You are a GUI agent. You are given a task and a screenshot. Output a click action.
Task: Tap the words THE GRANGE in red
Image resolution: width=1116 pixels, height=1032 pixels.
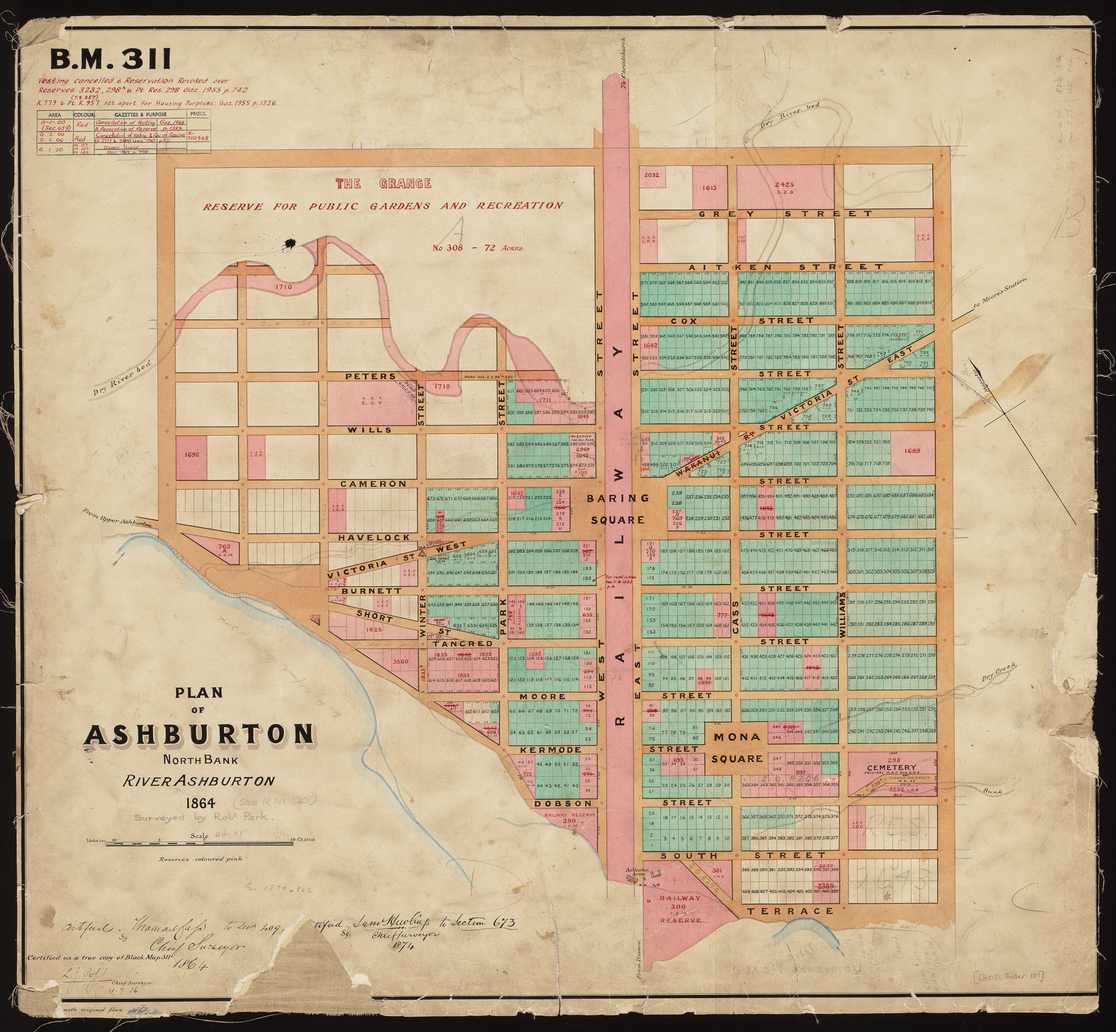(383, 183)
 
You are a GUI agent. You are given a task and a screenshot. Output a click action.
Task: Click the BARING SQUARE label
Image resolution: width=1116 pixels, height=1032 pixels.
(618, 509)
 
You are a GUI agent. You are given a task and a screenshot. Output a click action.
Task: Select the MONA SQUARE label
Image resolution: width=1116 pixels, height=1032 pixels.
(737, 748)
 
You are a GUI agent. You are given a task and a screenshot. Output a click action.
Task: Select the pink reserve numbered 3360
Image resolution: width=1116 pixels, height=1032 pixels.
(401, 662)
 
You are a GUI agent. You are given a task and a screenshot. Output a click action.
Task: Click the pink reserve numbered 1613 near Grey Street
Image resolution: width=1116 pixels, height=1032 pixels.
(710, 188)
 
